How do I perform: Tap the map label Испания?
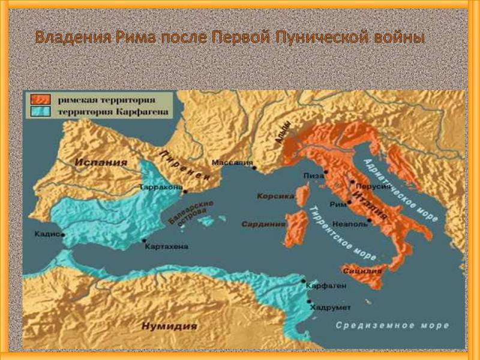101,162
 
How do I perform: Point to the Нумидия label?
169,326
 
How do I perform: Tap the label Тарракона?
160,187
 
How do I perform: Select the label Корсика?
275,196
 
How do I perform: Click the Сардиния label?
263,224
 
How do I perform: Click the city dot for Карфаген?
305,280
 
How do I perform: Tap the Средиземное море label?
392,325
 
